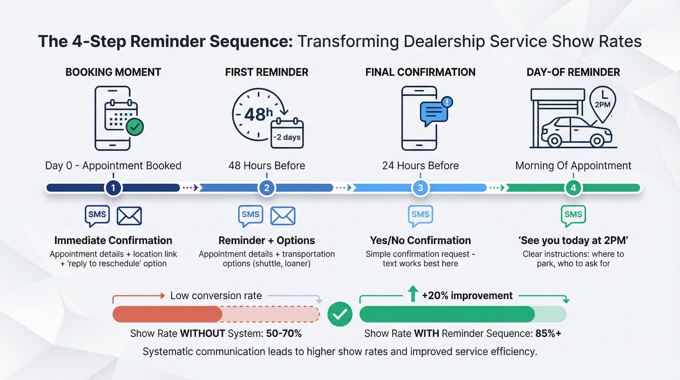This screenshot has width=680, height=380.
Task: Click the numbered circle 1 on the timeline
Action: [x=113, y=188]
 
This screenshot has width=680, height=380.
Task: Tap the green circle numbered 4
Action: [x=573, y=188]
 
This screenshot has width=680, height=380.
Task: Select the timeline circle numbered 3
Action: [x=420, y=188]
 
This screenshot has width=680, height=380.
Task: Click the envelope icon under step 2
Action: [x=283, y=216]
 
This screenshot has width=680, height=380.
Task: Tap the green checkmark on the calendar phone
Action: [x=135, y=127]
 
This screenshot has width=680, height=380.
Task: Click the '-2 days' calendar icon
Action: [x=287, y=134]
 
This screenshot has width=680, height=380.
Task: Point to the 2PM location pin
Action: [x=602, y=103]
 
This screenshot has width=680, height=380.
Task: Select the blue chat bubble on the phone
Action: [x=434, y=113]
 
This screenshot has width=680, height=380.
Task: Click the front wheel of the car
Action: [x=597, y=141]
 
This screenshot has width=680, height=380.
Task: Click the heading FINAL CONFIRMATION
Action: [x=420, y=72]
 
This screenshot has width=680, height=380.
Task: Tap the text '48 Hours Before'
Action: [x=267, y=166]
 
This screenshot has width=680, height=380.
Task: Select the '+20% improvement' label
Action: [x=467, y=295]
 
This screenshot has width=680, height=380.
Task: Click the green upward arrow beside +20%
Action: [x=413, y=293]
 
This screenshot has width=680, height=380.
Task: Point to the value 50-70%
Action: [x=284, y=333]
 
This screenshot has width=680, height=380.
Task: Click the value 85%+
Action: [x=548, y=333]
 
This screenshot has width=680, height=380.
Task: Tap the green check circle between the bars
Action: [x=340, y=314]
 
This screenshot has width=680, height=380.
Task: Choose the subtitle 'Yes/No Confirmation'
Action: [x=420, y=240]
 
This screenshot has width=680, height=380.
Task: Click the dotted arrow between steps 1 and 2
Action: [x=191, y=188]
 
